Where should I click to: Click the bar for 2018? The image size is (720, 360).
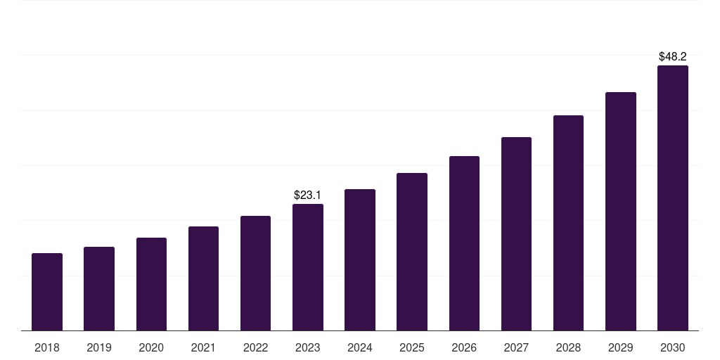pos(47,292)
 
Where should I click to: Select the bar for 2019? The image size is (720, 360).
pos(99,288)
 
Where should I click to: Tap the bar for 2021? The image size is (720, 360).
pos(203,278)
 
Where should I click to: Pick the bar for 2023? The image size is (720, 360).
pos(308,267)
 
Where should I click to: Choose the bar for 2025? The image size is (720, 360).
pos(412,252)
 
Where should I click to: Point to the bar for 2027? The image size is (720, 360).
pos(516,233)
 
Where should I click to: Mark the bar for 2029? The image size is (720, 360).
pos(621,211)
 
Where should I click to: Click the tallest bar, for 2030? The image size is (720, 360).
pos(673,198)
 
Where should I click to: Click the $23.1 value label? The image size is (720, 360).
pos(308,195)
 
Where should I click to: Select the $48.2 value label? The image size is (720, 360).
pos(673,56)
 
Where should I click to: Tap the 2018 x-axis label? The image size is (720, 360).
pos(47,347)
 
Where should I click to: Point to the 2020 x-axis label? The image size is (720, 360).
pos(151,347)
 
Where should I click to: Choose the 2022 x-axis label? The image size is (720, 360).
pos(255,347)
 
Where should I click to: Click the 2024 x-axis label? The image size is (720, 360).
pos(360,347)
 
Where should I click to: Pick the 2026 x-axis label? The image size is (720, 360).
pos(464,347)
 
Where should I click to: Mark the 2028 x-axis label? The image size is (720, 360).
pos(568,347)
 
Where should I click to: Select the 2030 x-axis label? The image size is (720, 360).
pos(673,347)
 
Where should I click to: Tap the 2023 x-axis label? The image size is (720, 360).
pos(308,347)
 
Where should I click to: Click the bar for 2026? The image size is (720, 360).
pos(464,243)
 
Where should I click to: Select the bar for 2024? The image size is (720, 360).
pos(360,260)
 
